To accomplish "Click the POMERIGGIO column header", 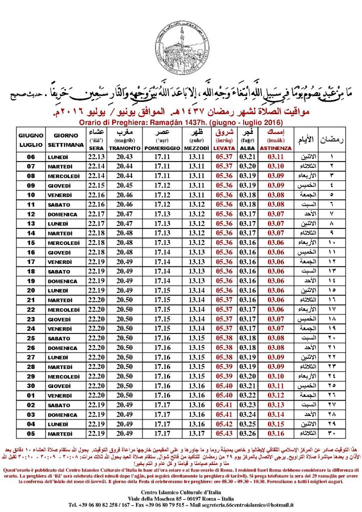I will (162, 148).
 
